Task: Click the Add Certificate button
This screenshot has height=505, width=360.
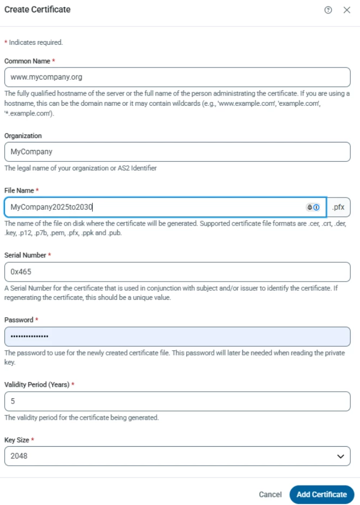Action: pyautogui.click(x=322, y=494)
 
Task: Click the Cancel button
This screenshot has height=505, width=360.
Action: pyautogui.click(x=270, y=494)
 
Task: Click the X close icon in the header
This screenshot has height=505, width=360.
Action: pyautogui.click(x=347, y=10)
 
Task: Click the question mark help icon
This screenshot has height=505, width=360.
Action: pyautogui.click(x=328, y=10)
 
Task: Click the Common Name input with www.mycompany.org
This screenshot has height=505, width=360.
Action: pyautogui.click(x=177, y=77)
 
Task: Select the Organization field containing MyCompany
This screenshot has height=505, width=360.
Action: pyautogui.click(x=177, y=152)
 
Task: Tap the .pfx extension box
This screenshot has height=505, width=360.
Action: pyautogui.click(x=340, y=207)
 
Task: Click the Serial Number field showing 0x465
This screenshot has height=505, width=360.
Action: pyautogui.click(x=177, y=272)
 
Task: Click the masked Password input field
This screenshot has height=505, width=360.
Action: pyautogui.click(x=177, y=337)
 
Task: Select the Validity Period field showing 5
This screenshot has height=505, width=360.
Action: pyautogui.click(x=177, y=401)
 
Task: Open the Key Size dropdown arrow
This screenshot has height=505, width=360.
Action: pyautogui.click(x=340, y=456)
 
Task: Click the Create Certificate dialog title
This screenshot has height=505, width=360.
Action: pyautogui.click(x=37, y=10)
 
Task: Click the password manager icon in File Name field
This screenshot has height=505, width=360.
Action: pyautogui.click(x=313, y=207)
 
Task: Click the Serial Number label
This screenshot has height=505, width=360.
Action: pyautogui.click(x=25, y=255)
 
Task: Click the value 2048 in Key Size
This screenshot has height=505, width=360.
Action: pyautogui.click(x=19, y=456)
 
